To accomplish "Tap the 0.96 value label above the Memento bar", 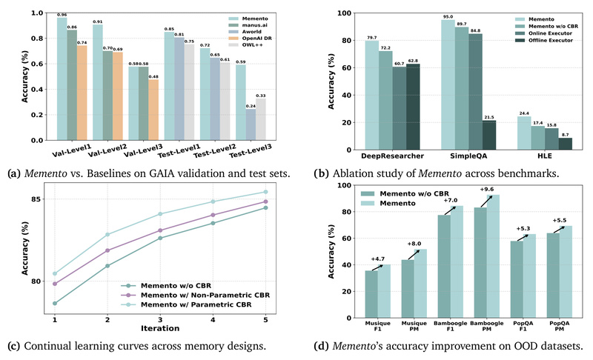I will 62,14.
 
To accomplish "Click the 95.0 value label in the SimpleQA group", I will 447,16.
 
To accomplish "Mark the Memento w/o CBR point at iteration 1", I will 55,303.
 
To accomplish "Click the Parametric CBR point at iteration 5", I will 265,192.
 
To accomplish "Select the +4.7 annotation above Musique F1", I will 377,259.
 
